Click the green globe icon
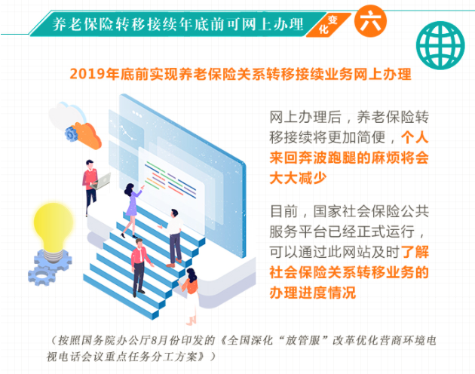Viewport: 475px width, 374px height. point(440,45)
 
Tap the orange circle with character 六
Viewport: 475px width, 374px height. point(370,21)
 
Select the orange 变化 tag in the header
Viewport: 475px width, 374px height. point(328,25)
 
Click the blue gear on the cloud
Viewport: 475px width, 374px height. point(72,133)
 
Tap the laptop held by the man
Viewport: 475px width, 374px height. point(102,181)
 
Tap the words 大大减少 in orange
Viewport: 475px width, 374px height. point(298,178)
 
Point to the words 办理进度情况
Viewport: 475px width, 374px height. point(313,293)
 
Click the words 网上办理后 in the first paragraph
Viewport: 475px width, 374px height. point(305,118)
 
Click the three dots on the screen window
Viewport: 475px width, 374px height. point(137,114)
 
